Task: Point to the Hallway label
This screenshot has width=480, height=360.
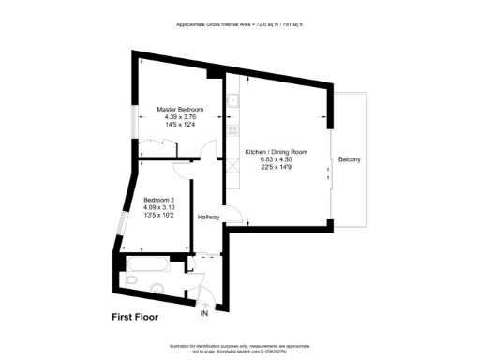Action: tap(209, 217)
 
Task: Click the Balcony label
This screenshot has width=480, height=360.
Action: tap(350, 159)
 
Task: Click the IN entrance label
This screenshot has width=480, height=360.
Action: tap(205, 313)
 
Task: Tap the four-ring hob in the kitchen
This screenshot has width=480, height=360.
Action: tap(232, 129)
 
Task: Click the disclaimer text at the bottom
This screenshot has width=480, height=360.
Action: tap(239, 346)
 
